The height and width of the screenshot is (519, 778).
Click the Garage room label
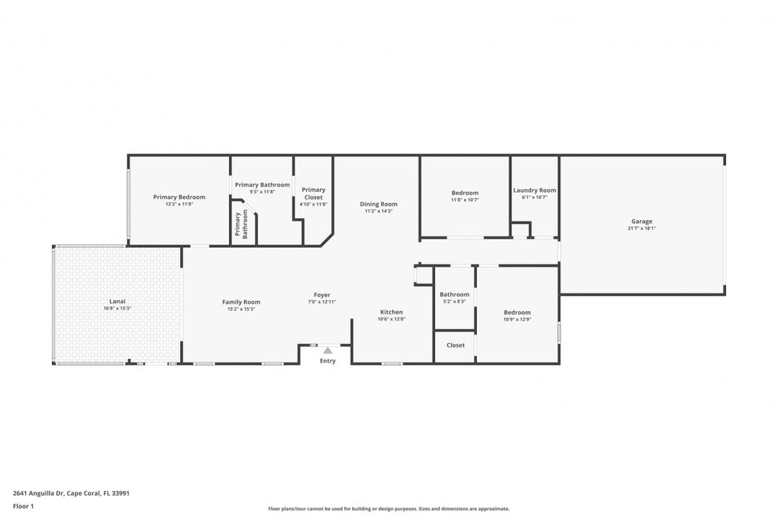642,221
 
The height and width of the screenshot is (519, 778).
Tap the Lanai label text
117,301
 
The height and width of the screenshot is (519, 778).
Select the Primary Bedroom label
179,197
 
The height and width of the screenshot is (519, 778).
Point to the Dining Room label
379,204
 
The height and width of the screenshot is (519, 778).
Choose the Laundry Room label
535,190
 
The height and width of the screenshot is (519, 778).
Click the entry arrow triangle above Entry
328,350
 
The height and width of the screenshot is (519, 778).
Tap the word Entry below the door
328,361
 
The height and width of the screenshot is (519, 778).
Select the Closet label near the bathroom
455,345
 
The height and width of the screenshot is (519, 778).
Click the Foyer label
322,295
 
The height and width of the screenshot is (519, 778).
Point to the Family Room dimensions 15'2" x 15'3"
241,309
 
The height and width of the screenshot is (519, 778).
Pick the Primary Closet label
313,193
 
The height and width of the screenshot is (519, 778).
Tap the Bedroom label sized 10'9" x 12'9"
517,312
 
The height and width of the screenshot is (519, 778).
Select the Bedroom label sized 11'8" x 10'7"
465,192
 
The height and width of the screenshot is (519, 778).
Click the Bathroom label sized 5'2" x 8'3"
455,294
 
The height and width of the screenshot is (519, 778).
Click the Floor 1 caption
23,506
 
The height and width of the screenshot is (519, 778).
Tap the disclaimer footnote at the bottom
389,509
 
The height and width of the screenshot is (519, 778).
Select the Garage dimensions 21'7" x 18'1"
642,229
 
